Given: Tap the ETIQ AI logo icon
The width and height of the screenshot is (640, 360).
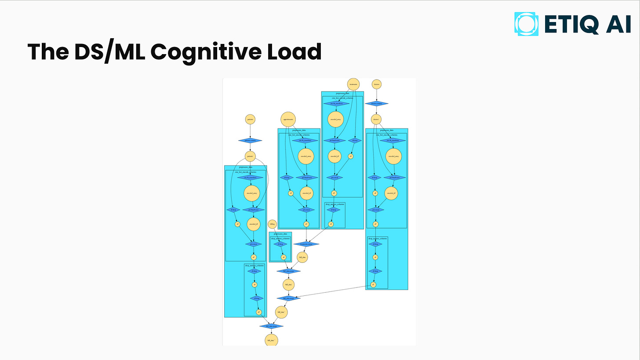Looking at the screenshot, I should [x=526, y=24].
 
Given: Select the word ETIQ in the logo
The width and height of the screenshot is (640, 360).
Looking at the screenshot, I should [x=571, y=24].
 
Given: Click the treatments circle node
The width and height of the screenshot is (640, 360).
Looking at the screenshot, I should [x=353, y=84].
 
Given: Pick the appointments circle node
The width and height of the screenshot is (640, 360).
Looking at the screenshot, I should [x=288, y=119].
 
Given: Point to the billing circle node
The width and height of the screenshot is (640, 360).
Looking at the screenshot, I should [x=273, y=224].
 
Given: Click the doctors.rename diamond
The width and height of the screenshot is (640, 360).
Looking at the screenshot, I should [x=376, y=104].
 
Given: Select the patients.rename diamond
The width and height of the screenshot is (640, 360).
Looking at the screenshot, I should [x=250, y=141].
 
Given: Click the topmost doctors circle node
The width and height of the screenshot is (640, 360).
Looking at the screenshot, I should [x=376, y=84].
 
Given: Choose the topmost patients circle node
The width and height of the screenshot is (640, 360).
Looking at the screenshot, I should [x=250, y=119].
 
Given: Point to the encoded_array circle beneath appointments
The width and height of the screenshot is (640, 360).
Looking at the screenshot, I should [x=306, y=156].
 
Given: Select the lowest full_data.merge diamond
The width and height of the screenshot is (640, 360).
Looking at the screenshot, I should [x=271, y=326].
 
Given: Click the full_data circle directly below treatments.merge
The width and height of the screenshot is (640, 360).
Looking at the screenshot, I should [x=302, y=257].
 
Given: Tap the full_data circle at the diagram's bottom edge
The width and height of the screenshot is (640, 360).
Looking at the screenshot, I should [x=271, y=340].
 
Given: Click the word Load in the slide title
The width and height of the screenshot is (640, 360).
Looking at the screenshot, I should [x=298, y=52].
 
